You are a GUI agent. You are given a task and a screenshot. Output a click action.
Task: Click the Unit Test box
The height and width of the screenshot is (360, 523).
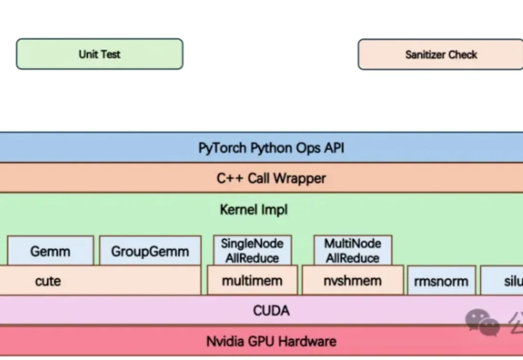99,54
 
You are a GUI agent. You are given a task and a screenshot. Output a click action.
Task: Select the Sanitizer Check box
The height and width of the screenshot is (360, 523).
441,55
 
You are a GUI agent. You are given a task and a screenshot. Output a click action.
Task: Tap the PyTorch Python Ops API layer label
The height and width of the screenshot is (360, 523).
271,148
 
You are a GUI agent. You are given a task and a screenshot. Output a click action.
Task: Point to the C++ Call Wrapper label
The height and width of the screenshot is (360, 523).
271,178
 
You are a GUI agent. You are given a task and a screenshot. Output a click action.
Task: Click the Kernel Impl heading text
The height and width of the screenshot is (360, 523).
254,210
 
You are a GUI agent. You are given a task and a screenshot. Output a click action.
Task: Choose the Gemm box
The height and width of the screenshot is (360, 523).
50,251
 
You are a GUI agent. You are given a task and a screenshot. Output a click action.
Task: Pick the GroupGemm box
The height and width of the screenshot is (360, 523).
150,251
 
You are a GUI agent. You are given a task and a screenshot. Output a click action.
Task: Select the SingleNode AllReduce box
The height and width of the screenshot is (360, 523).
252,250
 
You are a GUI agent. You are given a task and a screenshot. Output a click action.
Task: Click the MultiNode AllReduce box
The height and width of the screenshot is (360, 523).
353,250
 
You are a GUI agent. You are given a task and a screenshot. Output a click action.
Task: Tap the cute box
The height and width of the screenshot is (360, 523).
48,281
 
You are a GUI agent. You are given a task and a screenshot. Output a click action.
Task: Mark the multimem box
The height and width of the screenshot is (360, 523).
252,281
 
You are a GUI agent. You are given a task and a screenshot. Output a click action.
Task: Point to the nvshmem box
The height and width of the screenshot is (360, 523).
353,281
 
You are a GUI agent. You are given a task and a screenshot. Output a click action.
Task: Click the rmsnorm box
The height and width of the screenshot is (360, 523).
441,281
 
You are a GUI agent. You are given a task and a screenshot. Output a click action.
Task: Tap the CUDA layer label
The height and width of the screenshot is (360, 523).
271,311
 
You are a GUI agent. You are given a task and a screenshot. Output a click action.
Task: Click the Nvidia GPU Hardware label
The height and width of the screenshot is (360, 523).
271,341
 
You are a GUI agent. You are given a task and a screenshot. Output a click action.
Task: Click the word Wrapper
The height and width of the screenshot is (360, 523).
300,178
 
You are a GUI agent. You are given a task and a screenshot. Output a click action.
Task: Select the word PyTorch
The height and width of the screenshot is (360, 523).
222,148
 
